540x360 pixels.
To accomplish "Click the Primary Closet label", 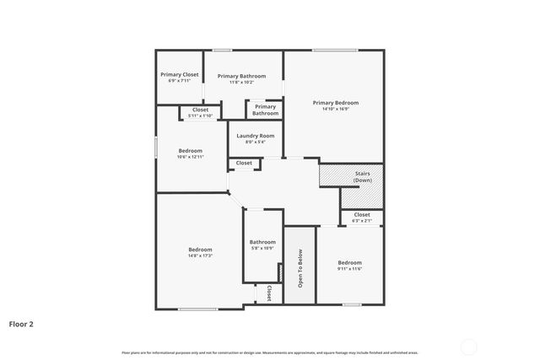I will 180,74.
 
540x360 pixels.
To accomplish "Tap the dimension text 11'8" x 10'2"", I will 241,83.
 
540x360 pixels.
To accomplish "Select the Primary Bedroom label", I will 336,102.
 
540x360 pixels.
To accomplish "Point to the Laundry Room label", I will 255,136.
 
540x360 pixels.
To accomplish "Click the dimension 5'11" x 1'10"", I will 200,116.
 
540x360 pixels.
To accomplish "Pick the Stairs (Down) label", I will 362,176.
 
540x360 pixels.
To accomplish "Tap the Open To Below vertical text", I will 300,269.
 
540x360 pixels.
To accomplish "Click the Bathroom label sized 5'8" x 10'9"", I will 262,242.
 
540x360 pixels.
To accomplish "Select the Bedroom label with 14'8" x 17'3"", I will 200,250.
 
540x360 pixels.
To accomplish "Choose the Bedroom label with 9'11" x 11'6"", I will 349,262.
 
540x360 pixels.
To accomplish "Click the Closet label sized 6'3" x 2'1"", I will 362,215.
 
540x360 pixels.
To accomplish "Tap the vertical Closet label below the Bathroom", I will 268,293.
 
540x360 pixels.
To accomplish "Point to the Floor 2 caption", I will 21,323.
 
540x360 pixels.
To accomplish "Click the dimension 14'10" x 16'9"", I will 336,109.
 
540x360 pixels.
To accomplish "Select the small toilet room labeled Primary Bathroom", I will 265,110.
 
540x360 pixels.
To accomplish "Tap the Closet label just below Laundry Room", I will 244,163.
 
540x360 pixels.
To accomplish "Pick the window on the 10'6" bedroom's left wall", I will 155,146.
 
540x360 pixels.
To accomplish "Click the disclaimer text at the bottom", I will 270,352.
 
